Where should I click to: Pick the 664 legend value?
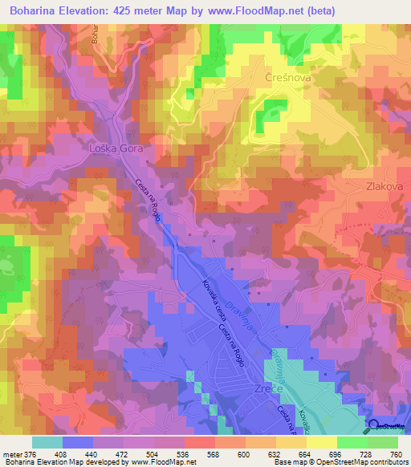303,453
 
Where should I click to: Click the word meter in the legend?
13,453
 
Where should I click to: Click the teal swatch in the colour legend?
47,442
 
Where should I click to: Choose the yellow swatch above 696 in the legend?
321,442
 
